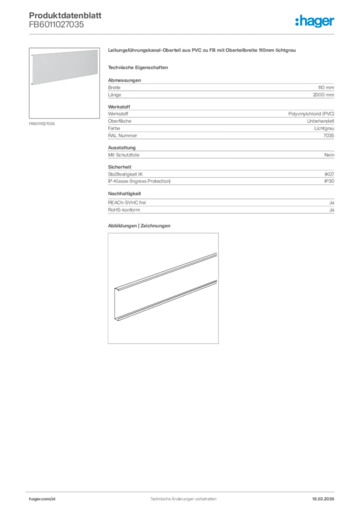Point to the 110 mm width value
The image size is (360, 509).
pyautogui.click(x=326, y=87)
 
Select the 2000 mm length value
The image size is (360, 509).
pyautogui.click(x=323, y=94)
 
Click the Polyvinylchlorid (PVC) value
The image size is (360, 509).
pyautogui.click(x=311, y=114)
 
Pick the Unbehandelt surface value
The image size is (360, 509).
pyautogui.click(x=320, y=121)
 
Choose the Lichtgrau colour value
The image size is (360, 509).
pyautogui.click(x=323, y=128)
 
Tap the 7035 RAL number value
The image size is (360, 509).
pyautogui.click(x=329, y=135)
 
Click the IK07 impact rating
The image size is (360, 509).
pyautogui.click(x=329, y=174)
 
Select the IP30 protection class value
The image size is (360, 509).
pyautogui.click(x=329, y=181)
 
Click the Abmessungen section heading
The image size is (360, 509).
pyautogui.click(x=124, y=80)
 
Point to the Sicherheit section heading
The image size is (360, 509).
pyautogui.click(x=119, y=167)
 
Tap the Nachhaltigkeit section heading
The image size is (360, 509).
pyautogui.click(x=125, y=193)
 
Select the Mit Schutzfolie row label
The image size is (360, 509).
pyautogui.click(x=124, y=155)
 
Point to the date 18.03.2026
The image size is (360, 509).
pyautogui.click(x=319, y=499)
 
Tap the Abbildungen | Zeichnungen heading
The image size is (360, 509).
pyautogui.click(x=139, y=226)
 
